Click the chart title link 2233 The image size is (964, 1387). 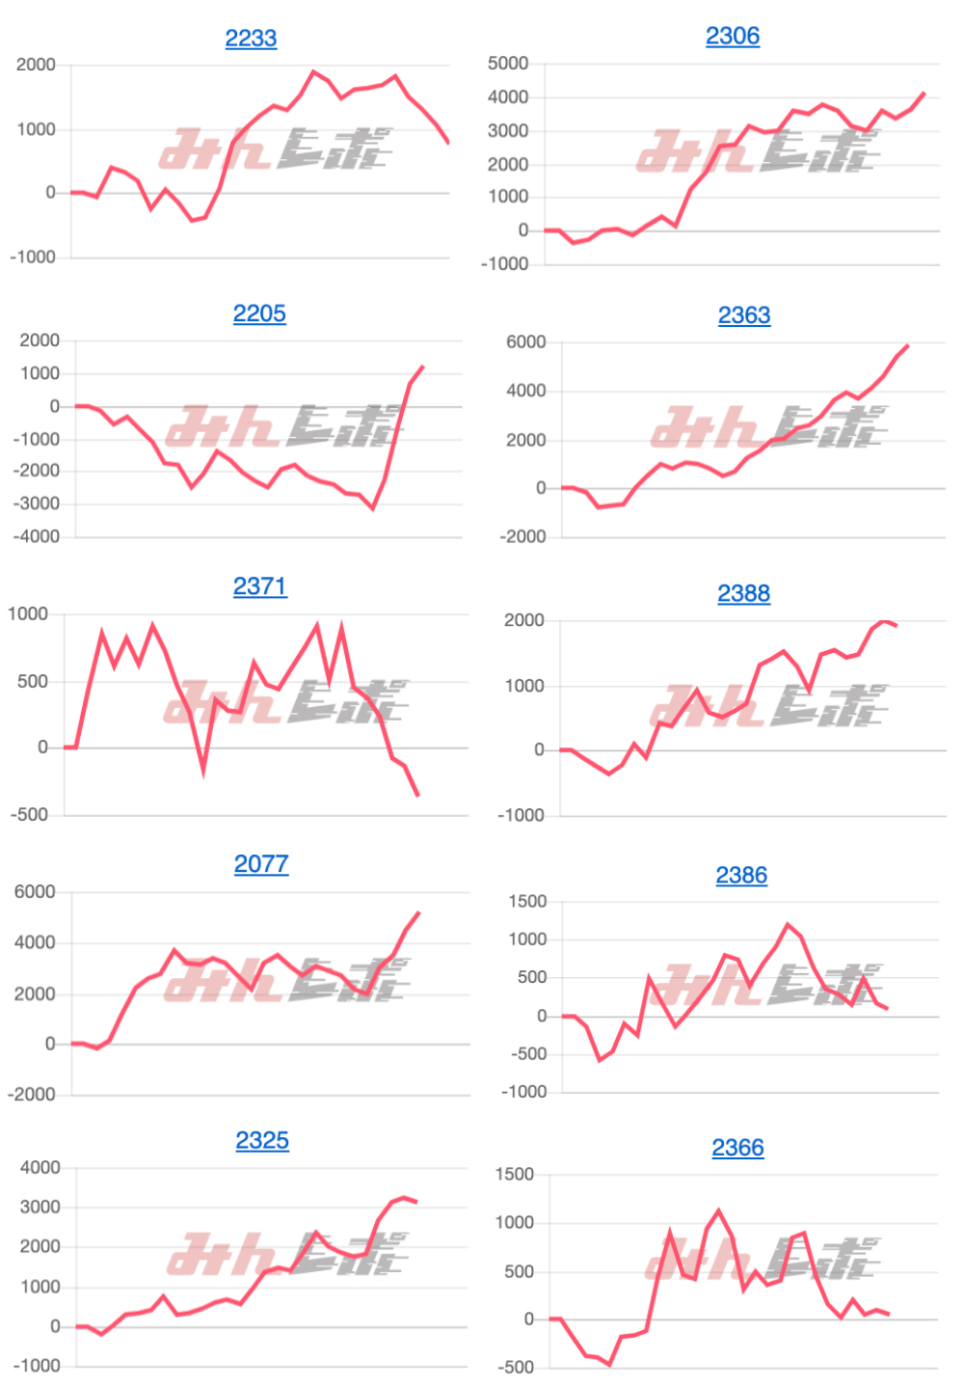click(251, 39)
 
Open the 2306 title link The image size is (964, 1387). click(733, 37)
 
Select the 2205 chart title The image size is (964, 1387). click(259, 314)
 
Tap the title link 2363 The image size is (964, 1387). click(744, 315)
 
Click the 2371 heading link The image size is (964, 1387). click(260, 586)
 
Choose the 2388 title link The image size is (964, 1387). click(743, 593)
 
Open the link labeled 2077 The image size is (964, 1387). click(261, 864)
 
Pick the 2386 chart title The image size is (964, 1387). click(741, 876)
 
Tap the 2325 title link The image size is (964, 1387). click(262, 1141)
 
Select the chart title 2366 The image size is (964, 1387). click(737, 1148)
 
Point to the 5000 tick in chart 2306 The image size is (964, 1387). click(508, 64)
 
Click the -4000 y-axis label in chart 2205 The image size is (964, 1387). click(37, 537)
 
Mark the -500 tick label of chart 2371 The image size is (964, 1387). click(29, 815)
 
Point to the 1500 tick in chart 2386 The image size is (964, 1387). click(527, 902)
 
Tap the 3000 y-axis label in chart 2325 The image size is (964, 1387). click(40, 1208)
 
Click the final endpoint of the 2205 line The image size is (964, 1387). click(422, 367)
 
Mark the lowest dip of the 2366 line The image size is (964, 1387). click(609, 1365)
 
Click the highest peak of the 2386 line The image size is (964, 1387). click(789, 924)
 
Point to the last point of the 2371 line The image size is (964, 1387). click(418, 796)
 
